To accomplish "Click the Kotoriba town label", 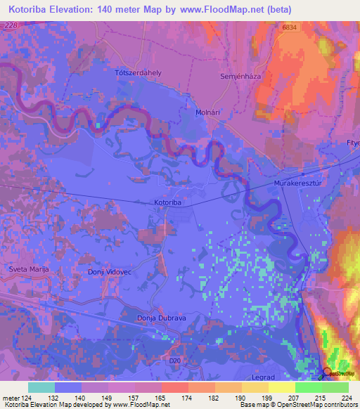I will (168, 202).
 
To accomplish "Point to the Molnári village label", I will (209, 112).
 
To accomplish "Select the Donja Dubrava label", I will (160, 318).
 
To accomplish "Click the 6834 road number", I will (290, 27).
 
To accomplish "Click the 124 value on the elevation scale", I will (21, 398).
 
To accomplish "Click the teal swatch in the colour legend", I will (41, 387).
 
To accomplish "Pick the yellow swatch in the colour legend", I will (281, 387).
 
